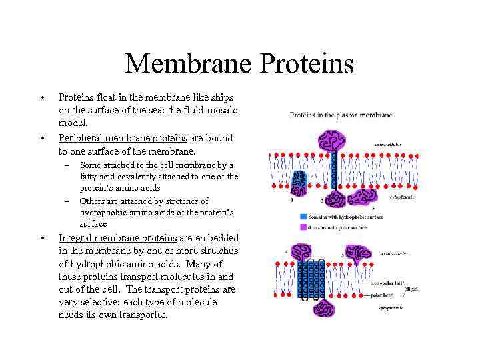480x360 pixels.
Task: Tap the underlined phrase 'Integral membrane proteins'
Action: coord(117,238)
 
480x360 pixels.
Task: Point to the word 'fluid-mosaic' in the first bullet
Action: coord(208,110)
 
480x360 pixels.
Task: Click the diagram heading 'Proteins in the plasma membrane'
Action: coord(341,115)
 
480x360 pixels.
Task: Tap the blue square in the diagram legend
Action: coord(303,216)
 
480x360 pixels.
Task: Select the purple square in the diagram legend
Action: coord(303,227)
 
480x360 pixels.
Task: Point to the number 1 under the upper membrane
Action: coord(291,199)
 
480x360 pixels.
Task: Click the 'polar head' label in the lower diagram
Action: coord(382,292)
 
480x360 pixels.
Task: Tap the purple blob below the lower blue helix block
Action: coord(325,308)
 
